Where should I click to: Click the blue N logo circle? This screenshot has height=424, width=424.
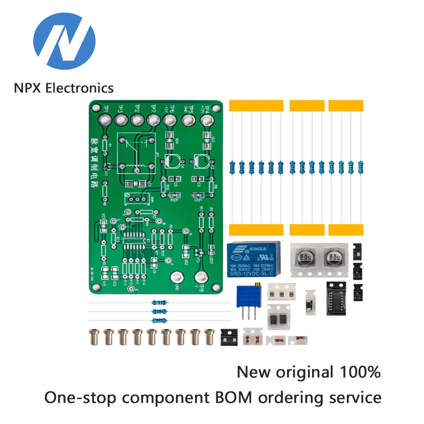pos(64,41)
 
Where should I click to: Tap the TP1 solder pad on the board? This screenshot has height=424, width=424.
pos(104,121)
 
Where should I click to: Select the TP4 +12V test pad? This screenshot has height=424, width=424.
pos(207,121)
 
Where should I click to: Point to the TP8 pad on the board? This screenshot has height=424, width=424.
pos(201,278)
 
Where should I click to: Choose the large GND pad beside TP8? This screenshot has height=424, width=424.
pos(176,278)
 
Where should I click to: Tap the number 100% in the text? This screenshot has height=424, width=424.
pos(360,372)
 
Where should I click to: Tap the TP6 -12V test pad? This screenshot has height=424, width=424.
pos(169,121)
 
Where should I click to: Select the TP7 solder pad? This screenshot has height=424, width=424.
pos(153,121)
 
